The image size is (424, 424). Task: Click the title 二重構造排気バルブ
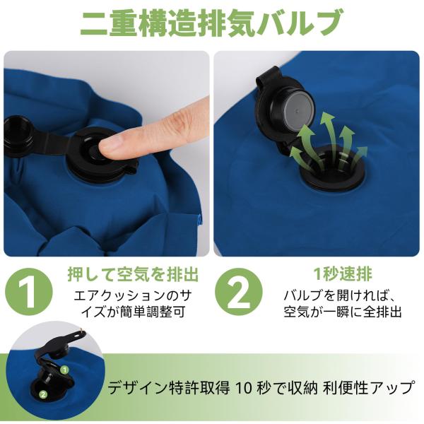pyautogui.click(x=210, y=22)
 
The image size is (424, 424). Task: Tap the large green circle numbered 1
pyautogui.click(x=29, y=292)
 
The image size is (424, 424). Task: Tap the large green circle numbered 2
pyautogui.click(x=239, y=292)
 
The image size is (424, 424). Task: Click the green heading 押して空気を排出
pyautogui.click(x=133, y=274)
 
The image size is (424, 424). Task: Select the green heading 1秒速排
pyautogui.click(x=343, y=274)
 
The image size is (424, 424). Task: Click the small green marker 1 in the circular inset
pyautogui.click(x=64, y=370)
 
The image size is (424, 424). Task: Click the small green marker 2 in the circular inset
pyautogui.click(x=43, y=394)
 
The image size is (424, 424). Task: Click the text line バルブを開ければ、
pyautogui.click(x=340, y=295)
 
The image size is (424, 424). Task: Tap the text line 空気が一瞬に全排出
pyautogui.click(x=342, y=312)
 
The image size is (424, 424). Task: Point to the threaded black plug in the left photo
pyautogui.click(x=19, y=136)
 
